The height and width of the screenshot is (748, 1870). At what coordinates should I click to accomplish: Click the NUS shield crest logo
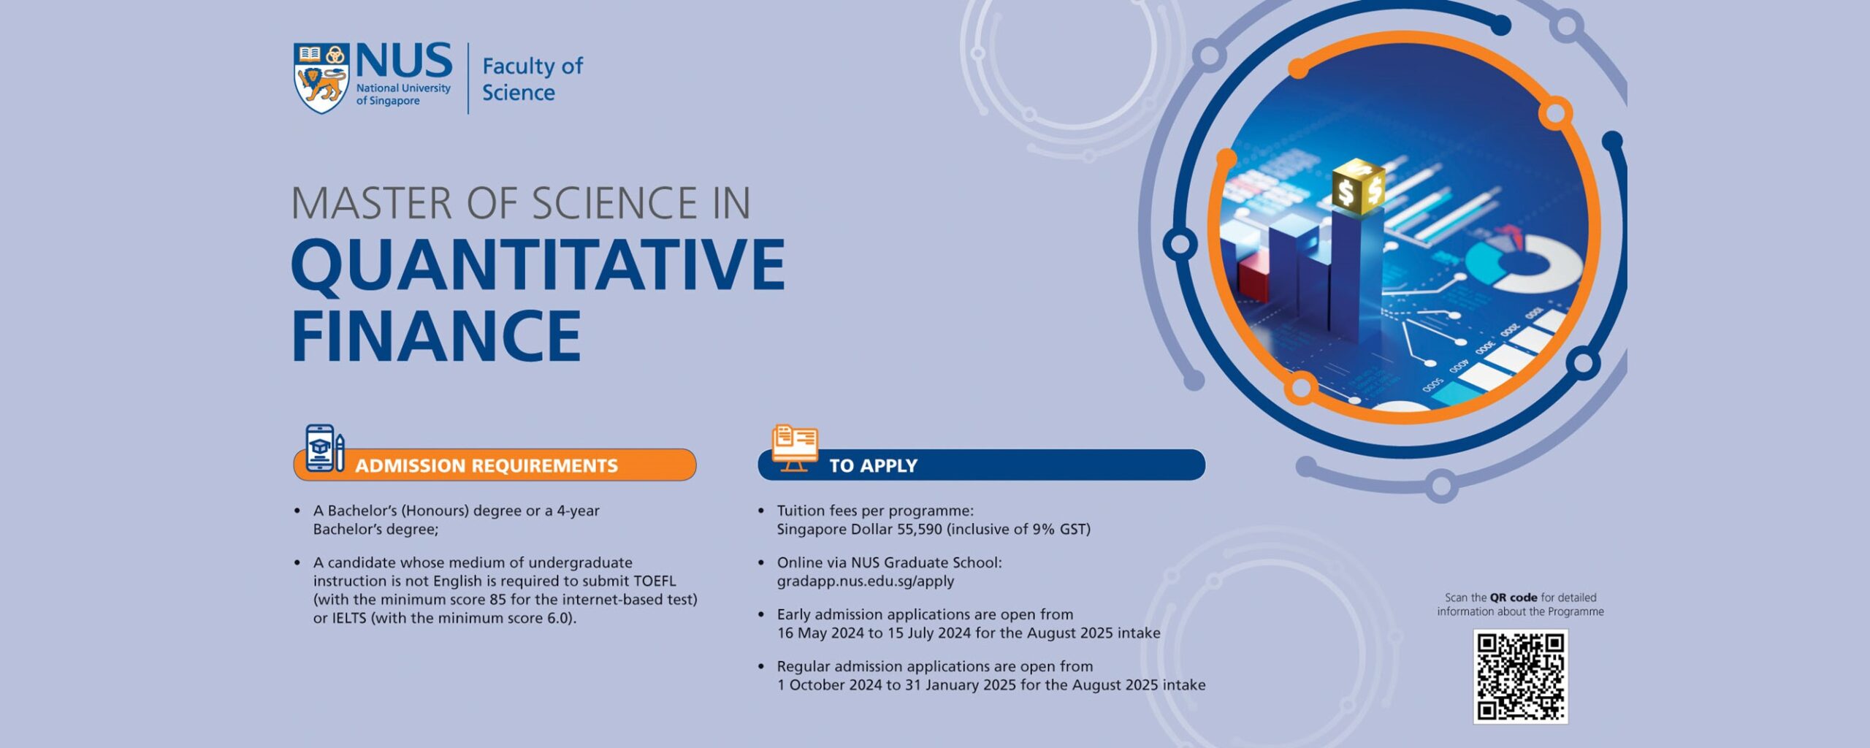pos(321,78)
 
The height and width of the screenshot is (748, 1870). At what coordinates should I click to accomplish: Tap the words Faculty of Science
pos(533,79)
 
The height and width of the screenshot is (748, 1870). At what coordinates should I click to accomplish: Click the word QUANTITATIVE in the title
pos(538,265)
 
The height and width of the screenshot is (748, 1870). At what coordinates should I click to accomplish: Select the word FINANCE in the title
pos(436,335)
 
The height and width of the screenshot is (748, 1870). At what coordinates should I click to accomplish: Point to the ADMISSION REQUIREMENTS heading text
pos(486,465)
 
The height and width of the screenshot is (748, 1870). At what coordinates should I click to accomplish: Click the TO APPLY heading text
pos(873,465)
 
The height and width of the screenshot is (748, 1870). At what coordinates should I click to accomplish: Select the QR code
pos(1520,676)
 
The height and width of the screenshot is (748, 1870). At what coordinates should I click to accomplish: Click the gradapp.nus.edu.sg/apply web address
pos(866,581)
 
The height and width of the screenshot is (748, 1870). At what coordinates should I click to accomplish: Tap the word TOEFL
pos(654,581)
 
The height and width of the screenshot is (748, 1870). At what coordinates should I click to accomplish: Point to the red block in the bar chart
pos(1253,276)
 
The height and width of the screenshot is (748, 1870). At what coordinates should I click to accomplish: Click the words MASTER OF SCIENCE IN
pos(521,203)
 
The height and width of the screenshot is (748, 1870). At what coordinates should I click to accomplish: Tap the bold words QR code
pos(1514,598)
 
